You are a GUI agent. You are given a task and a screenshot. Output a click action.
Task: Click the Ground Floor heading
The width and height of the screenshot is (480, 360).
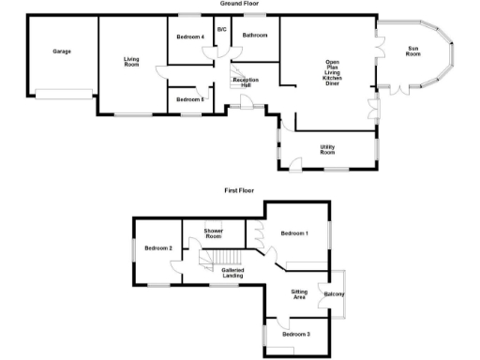tap(239, 4)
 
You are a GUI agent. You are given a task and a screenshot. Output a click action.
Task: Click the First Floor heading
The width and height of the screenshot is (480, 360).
tap(239, 190)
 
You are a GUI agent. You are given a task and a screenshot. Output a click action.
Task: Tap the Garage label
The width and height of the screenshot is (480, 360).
tap(62, 52)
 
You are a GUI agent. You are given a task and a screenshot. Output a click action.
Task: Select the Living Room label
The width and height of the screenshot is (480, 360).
tap(131, 63)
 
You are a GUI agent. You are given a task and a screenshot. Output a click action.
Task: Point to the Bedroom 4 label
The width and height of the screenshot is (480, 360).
tap(189, 37)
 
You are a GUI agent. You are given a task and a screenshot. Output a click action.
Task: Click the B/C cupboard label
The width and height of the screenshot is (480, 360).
tap(222, 30)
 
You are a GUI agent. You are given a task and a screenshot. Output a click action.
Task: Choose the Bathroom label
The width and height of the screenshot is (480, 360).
tap(254, 36)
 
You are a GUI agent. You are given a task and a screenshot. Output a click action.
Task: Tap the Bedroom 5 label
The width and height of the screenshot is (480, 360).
tap(189, 99)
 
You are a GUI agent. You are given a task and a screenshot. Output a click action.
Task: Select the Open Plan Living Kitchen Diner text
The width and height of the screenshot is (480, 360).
tap(332, 74)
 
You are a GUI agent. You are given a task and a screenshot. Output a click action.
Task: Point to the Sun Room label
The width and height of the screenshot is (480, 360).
tap(412, 52)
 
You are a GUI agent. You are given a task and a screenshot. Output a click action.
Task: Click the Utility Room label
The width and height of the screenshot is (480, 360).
tap(328, 149)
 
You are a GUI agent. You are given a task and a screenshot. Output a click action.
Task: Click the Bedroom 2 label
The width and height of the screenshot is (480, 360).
tap(157, 247)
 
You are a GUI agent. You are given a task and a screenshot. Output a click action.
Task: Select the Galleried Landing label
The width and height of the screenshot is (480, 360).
tap(233, 273)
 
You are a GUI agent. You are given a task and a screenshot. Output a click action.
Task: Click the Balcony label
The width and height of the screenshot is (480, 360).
tap(335, 296)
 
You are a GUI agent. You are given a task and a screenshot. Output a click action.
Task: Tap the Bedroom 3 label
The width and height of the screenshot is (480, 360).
tap(295, 334)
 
